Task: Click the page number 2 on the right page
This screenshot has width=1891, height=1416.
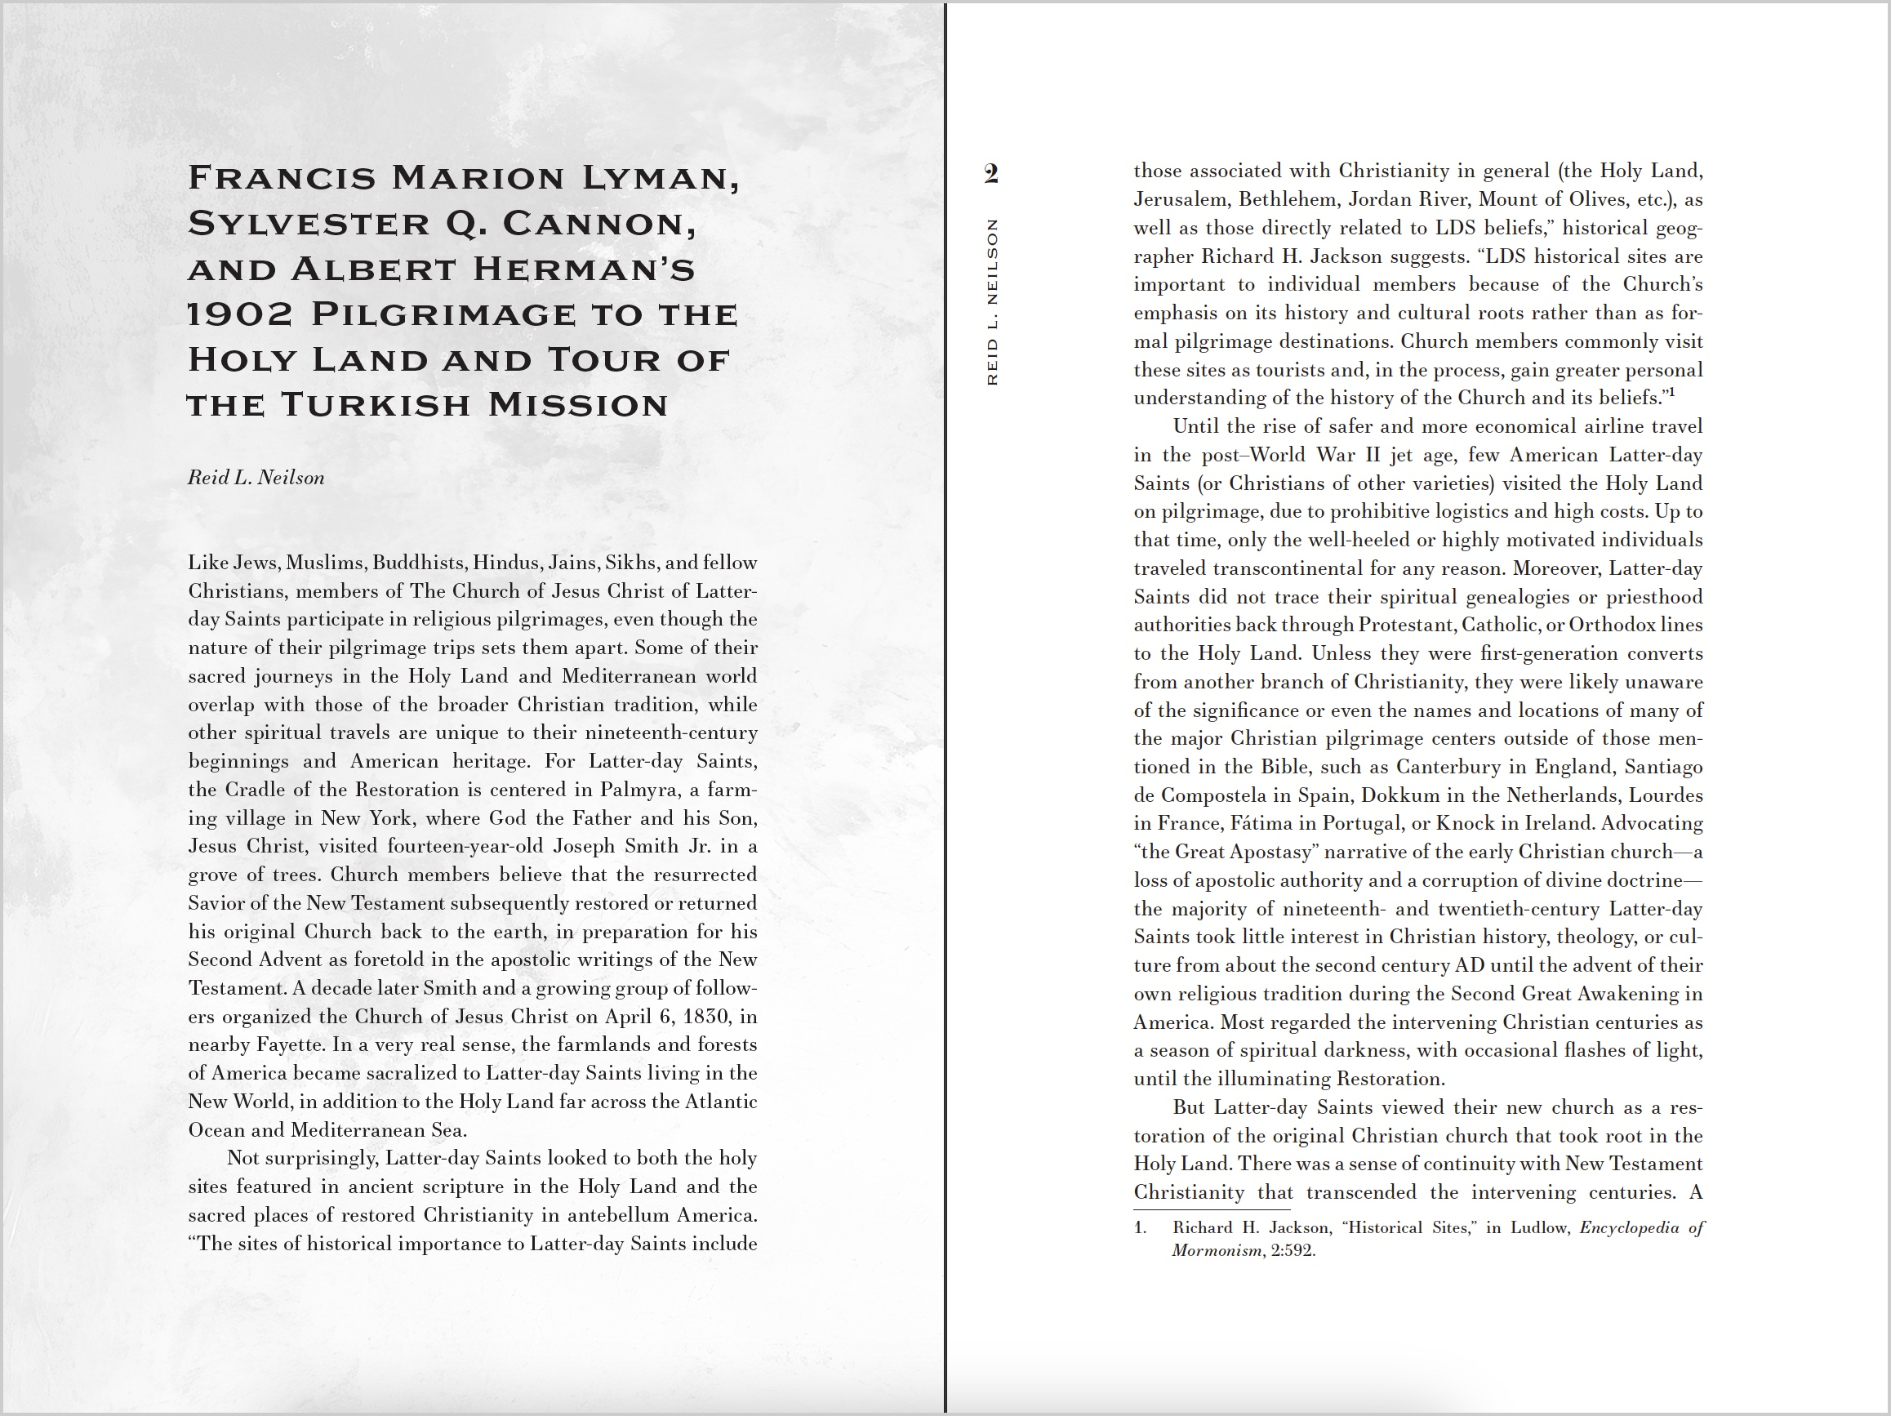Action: (990, 174)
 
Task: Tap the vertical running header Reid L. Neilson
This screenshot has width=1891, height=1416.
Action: (992, 302)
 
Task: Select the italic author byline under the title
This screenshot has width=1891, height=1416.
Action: (256, 477)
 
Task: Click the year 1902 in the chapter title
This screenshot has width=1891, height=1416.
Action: (239, 314)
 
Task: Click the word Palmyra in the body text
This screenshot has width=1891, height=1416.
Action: (637, 789)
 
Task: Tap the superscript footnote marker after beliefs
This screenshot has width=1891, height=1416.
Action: (1671, 394)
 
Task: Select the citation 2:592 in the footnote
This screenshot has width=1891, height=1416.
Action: (1293, 1251)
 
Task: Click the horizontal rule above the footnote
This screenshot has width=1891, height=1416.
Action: (1212, 1209)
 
